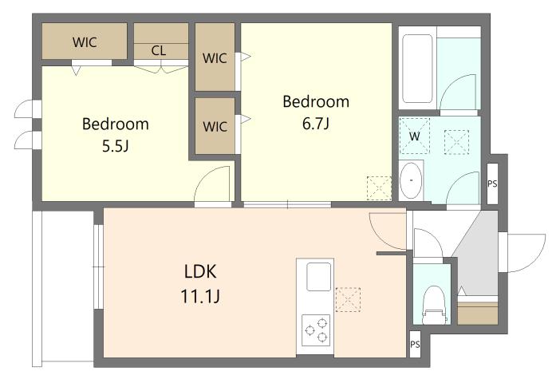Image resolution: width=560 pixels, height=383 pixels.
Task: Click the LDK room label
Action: [x=200, y=271]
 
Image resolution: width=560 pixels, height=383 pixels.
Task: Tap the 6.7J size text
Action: [x=316, y=124]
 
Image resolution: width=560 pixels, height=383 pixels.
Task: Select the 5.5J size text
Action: [x=116, y=146]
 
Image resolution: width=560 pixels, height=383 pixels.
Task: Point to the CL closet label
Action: [x=159, y=50]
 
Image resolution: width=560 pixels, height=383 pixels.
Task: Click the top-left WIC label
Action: [x=85, y=42]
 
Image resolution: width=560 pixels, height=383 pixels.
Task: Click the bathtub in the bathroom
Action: [x=417, y=69]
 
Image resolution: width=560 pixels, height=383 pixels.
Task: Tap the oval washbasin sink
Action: [x=411, y=181]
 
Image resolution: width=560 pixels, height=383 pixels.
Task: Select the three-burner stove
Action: [x=316, y=330]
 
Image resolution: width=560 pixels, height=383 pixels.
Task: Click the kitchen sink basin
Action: [x=318, y=277]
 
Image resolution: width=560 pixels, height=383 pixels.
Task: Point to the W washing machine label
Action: [x=414, y=136]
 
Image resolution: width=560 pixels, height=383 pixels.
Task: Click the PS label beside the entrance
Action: [x=492, y=184]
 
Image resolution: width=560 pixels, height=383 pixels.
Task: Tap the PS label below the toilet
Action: [x=415, y=345]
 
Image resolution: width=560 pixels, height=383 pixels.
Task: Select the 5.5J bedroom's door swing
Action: [x=212, y=184]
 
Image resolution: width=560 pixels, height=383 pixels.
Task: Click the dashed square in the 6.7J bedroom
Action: [x=379, y=188]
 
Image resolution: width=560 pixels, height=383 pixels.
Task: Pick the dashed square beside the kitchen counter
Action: [x=348, y=299]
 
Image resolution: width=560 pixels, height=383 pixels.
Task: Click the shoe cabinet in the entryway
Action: [x=478, y=314]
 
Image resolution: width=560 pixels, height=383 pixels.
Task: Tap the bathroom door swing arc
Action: [x=458, y=92]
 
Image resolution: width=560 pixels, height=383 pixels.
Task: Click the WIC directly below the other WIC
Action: [x=215, y=127]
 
